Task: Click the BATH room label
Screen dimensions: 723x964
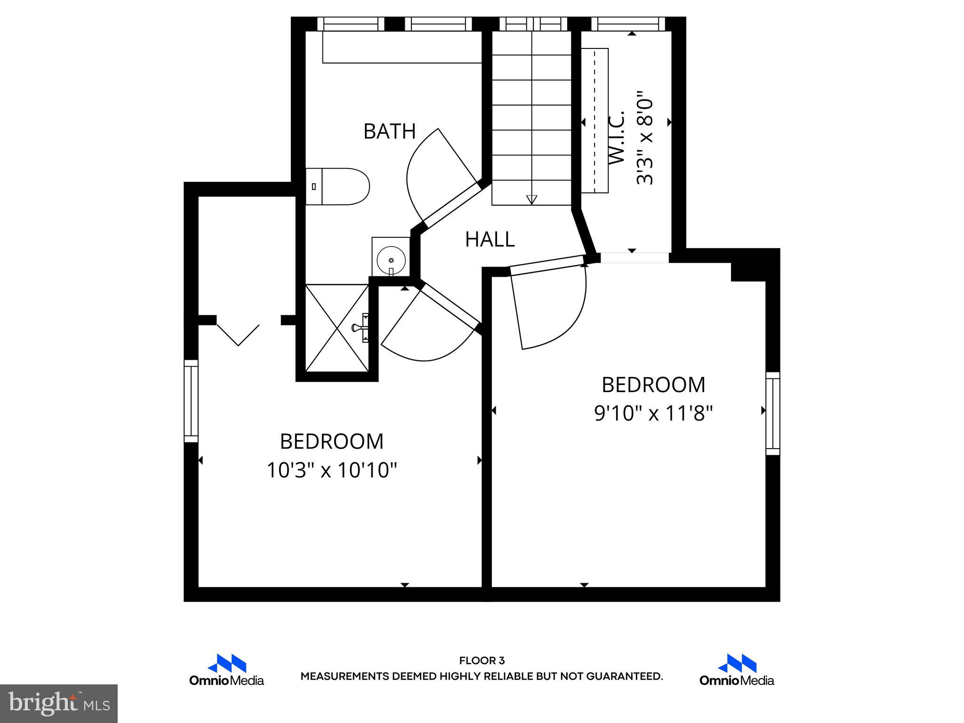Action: pos(389,131)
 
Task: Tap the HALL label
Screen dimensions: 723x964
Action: pos(490,240)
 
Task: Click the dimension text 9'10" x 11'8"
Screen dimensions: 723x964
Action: pos(653,414)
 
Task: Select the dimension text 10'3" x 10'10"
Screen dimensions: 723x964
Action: pos(332,470)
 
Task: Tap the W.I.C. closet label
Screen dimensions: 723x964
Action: pos(617,138)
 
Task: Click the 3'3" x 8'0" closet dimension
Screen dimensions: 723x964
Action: pos(645,138)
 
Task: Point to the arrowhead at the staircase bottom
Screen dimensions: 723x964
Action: pos(531,200)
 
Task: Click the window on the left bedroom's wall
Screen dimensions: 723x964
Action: pos(191,401)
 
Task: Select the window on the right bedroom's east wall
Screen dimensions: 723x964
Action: pos(772,413)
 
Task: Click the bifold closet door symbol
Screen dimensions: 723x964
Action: pos(239,335)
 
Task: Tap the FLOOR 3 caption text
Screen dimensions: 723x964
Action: pos(482,661)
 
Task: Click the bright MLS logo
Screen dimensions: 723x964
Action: pos(59,703)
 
